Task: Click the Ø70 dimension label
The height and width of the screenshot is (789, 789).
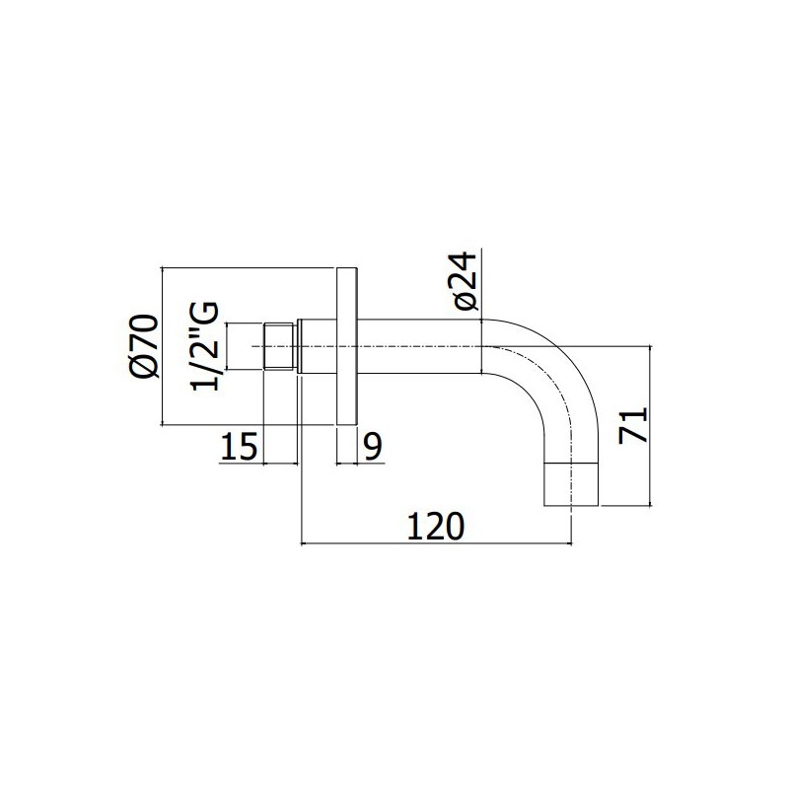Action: coord(144,345)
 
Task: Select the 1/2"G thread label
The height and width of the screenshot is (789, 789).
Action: coord(204,346)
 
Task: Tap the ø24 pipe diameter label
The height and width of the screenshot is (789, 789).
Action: coord(466,282)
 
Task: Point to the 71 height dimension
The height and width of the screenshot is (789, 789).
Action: coord(632,425)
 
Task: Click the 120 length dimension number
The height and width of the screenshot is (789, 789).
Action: coord(436,526)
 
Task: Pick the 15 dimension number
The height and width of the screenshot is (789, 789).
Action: coord(239,446)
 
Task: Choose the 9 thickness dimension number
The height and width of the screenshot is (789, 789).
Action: coord(373,446)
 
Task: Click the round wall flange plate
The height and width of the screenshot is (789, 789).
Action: coord(346,346)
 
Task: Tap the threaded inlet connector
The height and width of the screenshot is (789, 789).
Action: coord(280,346)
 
